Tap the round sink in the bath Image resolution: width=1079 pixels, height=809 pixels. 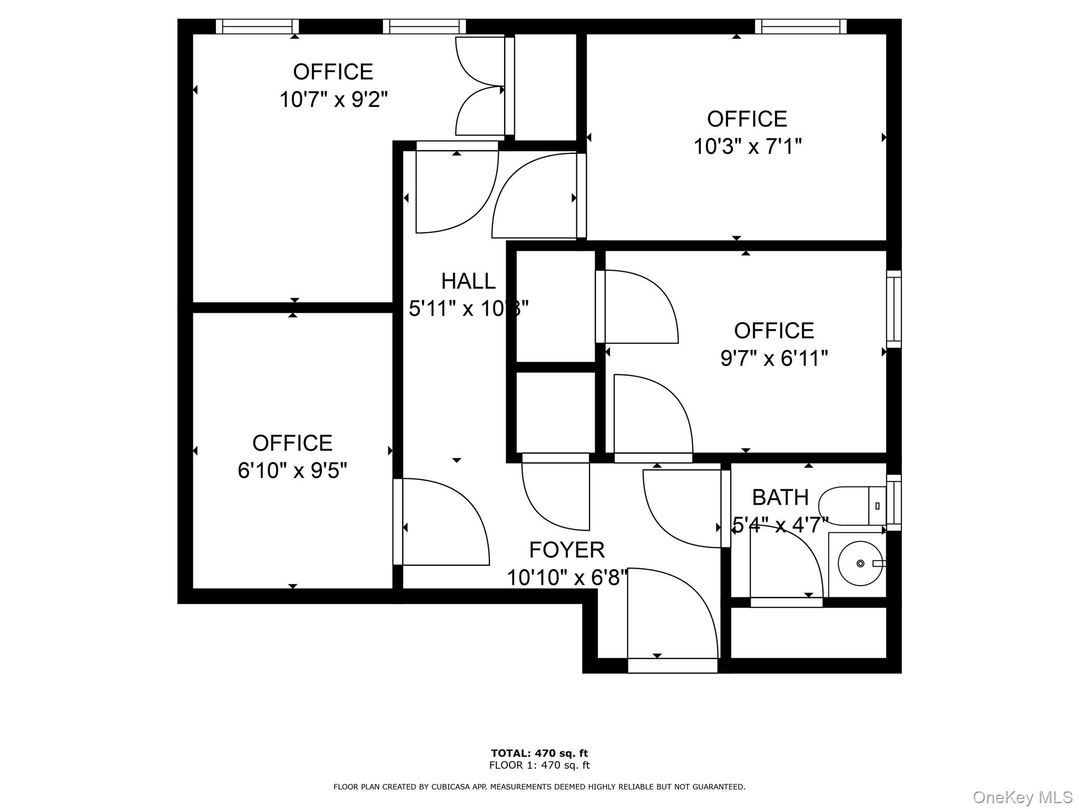pyautogui.click(x=860, y=563)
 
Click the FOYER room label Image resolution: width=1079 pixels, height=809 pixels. pyautogui.click(x=566, y=550)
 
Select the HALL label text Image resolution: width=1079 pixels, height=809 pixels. pyautogui.click(x=468, y=281)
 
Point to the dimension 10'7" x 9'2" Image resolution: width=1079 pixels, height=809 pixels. pyautogui.click(x=333, y=99)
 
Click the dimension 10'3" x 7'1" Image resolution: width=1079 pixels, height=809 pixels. pyautogui.click(x=747, y=146)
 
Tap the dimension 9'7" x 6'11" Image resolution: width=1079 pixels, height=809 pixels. pyautogui.click(x=773, y=359)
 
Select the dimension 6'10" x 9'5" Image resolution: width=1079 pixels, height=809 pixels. pyautogui.click(x=292, y=470)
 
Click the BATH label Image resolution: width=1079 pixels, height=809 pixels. pyautogui.click(x=780, y=497)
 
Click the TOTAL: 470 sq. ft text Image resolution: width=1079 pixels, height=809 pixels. pyautogui.click(x=539, y=753)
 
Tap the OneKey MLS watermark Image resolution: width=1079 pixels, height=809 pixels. pyautogui.click(x=1022, y=797)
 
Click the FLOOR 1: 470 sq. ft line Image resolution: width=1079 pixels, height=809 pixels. pyautogui.click(x=539, y=765)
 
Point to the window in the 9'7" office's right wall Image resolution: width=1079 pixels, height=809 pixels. pyautogui.click(x=894, y=309)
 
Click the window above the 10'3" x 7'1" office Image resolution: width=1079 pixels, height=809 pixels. pyautogui.click(x=800, y=26)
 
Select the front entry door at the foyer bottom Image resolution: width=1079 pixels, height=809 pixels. pyautogui.click(x=672, y=621)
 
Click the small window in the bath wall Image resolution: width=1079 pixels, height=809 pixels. pyautogui.click(x=894, y=502)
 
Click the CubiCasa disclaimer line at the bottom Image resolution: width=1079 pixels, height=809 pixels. pyautogui.click(x=539, y=787)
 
